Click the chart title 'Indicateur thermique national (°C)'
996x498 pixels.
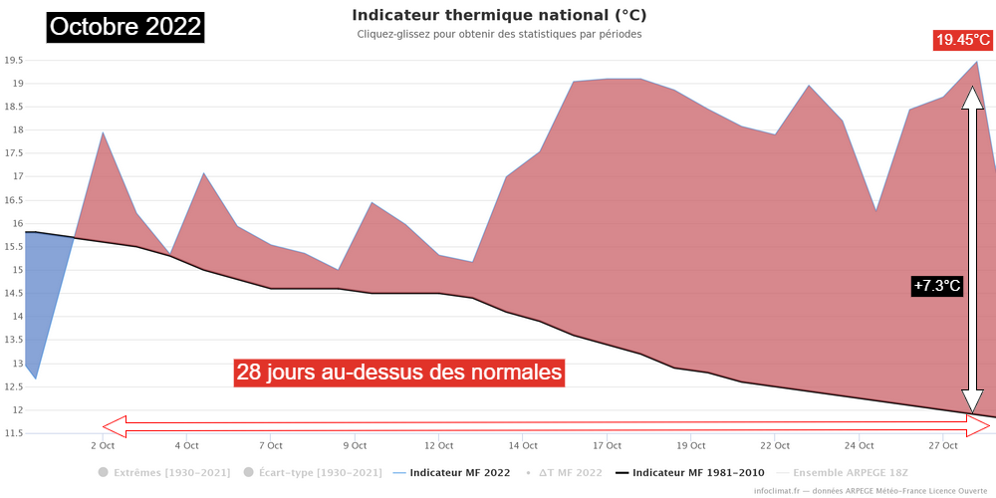click(x=499, y=16)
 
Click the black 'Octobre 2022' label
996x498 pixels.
click(x=125, y=27)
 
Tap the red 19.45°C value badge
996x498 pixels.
click(x=962, y=41)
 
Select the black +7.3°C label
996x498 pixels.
click(x=937, y=286)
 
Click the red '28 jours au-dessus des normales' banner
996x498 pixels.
click(x=399, y=373)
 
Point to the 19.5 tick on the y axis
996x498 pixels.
click(x=13, y=60)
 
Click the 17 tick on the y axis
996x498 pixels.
click(x=17, y=176)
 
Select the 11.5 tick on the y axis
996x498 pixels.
click(x=13, y=433)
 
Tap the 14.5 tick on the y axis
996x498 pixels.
click(x=13, y=293)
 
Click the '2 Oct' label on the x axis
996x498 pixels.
click(x=102, y=445)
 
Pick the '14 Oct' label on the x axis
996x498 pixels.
click(x=522, y=445)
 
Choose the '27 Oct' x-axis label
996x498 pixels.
click(x=942, y=445)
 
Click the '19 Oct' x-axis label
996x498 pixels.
click(x=690, y=445)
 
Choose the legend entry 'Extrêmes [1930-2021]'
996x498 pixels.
click(x=164, y=471)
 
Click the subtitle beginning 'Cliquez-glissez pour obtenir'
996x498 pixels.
click(x=499, y=34)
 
